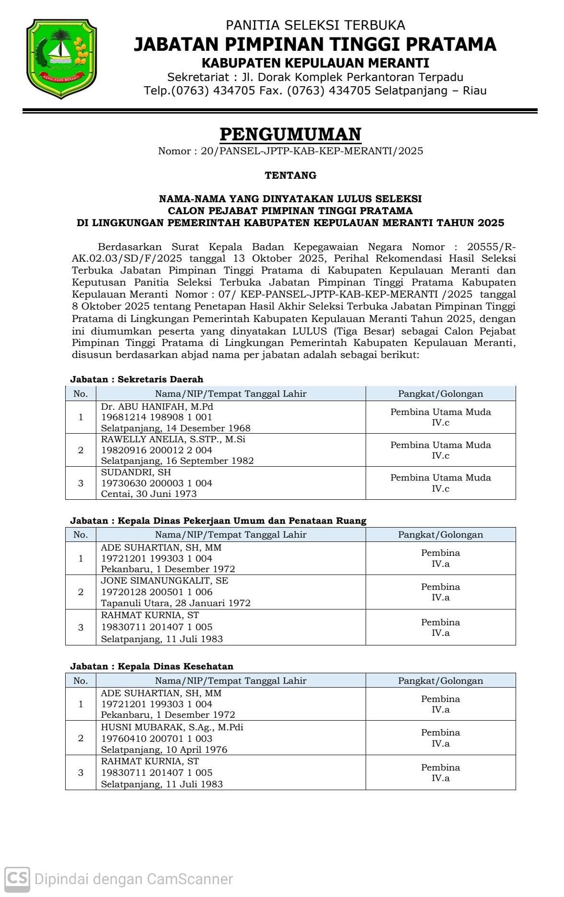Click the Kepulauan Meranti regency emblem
tap(61, 58)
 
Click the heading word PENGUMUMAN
tap(290, 134)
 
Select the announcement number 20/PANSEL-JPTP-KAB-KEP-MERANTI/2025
tap(312, 151)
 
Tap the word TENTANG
tap(290, 175)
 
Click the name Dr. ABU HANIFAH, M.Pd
tap(157, 406)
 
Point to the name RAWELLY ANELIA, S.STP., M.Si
tap(173, 439)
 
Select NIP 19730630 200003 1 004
tap(156, 483)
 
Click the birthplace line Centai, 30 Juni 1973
tap(149, 494)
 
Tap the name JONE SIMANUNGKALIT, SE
tap(164, 580)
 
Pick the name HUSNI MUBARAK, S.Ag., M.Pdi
tap(172, 727)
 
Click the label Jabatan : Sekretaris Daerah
tap(137, 379)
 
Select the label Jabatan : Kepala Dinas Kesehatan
tap(151, 666)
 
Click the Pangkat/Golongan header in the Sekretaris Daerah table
tap(440, 394)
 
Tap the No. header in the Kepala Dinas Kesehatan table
tap(81, 680)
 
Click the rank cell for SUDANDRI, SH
tap(440, 483)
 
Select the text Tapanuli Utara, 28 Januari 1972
tap(175, 603)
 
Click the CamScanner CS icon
tap(17, 879)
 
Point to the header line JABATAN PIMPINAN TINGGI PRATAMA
tap(314, 45)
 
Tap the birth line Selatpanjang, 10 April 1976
tap(164, 749)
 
